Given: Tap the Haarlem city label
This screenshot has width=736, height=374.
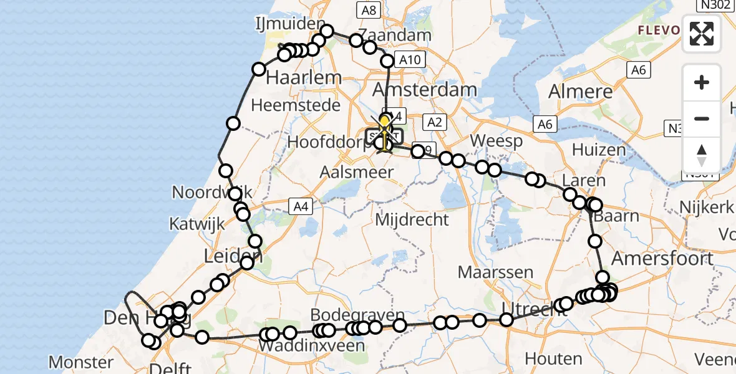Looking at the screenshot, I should coord(304,78).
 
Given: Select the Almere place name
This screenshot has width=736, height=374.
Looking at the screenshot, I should coord(580,92).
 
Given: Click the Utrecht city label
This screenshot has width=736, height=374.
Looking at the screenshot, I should coord(525,307).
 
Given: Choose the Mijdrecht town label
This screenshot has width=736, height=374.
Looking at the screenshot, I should coord(411,219).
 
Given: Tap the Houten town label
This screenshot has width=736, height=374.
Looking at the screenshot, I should coord(553,359).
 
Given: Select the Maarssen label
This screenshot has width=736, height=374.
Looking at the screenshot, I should coord(495,272).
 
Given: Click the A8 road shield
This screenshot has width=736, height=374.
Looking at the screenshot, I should coord(368,9).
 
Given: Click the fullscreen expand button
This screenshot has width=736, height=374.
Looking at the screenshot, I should coord(702,34).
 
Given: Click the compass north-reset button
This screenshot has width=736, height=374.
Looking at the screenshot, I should coord(702,155).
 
